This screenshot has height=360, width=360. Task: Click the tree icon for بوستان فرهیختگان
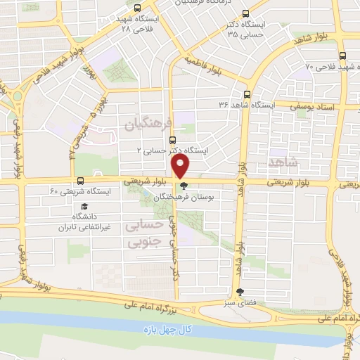pos(184,187)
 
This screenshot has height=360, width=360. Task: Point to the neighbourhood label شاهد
pos(283,162)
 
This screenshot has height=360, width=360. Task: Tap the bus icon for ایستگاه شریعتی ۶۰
pos(80,181)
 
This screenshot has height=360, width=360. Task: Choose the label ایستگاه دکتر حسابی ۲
pos(165,150)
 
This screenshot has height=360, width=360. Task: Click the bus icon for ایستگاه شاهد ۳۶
pos(247,94)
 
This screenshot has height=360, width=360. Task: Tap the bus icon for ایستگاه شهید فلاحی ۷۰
pos(342,56)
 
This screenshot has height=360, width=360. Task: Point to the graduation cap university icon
pos(85,207)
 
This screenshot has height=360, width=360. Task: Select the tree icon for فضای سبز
pos(241,292)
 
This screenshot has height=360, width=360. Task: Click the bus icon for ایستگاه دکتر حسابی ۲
pos(183,129)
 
